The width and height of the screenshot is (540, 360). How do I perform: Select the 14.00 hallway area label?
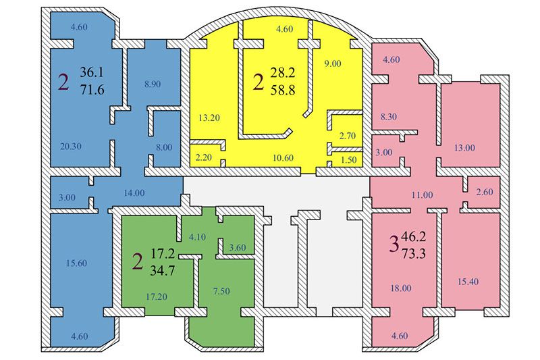(x=134, y=192)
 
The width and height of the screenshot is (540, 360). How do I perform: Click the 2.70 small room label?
(x=347, y=136)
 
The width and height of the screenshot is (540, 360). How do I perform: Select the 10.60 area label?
(x=278, y=158)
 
